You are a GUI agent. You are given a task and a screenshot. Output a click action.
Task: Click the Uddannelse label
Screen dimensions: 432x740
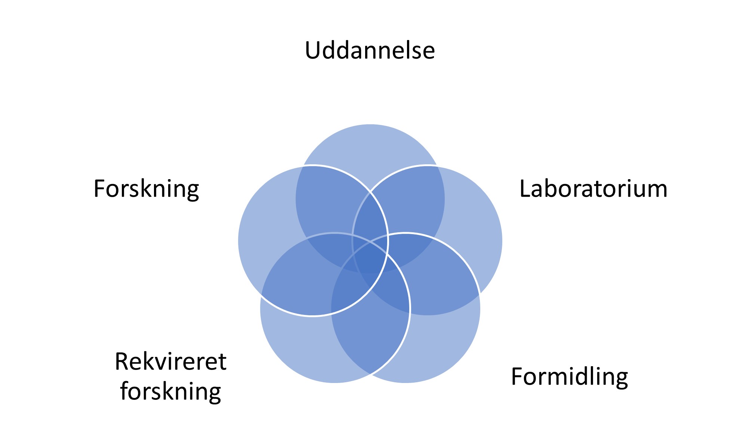(x=370, y=50)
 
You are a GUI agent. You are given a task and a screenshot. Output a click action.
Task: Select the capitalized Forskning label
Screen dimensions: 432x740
(x=146, y=189)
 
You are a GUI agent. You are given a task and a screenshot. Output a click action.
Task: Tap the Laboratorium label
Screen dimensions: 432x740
(x=593, y=189)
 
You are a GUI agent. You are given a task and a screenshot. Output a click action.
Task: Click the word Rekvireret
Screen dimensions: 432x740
(x=170, y=361)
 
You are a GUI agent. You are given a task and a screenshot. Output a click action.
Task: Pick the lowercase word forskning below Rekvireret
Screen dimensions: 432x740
(x=170, y=391)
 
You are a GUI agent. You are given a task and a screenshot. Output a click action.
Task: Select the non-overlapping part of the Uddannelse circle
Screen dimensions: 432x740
(x=370, y=150)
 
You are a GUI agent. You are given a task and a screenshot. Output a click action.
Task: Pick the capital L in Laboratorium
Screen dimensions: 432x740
(x=525, y=189)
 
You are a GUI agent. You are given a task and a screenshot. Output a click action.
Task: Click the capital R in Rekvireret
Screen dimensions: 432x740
(x=122, y=361)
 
